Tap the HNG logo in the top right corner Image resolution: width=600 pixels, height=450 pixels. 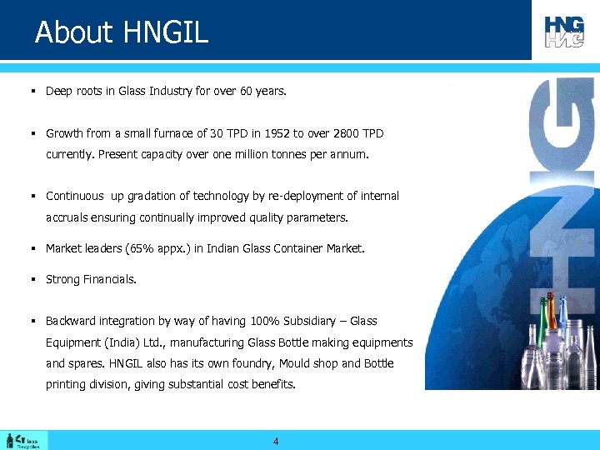(565, 31)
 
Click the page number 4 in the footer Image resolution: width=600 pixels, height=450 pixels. (276, 442)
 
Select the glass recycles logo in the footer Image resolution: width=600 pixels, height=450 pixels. (26, 440)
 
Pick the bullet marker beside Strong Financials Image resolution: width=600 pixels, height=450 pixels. (30, 279)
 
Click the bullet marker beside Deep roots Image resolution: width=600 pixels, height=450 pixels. (30, 92)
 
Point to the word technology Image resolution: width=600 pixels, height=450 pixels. (220, 197)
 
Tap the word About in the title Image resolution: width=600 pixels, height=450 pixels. (73, 32)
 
